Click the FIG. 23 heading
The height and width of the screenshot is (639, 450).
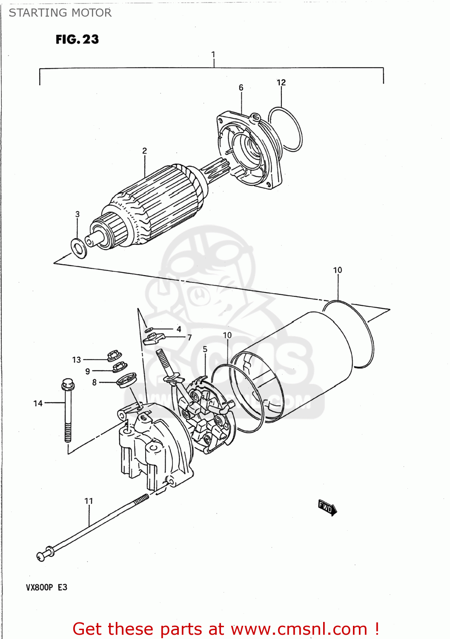pyautogui.click(x=77, y=39)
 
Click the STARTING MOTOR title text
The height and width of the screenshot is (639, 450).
pyautogui.click(x=60, y=13)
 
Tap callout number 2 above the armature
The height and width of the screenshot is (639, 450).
pyautogui.click(x=144, y=151)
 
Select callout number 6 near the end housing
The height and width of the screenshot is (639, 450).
pyautogui.click(x=241, y=87)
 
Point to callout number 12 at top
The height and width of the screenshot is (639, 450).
pyautogui.click(x=281, y=82)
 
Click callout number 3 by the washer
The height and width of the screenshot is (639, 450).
pyautogui.click(x=77, y=214)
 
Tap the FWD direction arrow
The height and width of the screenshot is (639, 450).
pyautogui.click(x=327, y=507)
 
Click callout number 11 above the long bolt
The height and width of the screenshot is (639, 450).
pyautogui.click(x=89, y=501)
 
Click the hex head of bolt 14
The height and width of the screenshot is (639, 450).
pyautogui.click(x=67, y=384)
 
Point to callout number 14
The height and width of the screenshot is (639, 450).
pyautogui.click(x=38, y=403)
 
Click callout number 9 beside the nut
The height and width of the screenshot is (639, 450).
pyautogui.click(x=87, y=371)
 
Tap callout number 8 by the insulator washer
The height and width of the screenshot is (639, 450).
pyautogui.click(x=95, y=383)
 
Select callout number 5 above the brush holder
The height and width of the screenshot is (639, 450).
pyautogui.click(x=205, y=349)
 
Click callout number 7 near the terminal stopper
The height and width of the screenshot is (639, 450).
pyautogui.click(x=189, y=337)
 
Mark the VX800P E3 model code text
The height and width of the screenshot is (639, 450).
pyautogui.click(x=46, y=587)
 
